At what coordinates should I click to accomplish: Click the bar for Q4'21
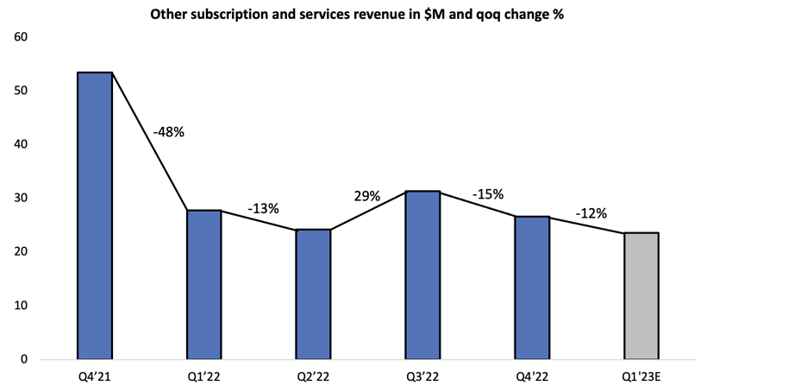point(95,216)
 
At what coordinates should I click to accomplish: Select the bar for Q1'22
point(204,285)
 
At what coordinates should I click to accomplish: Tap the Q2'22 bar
point(313,294)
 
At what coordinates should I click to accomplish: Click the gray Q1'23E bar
point(641,295)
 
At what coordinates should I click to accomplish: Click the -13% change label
point(263,208)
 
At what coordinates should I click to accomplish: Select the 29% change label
point(366,196)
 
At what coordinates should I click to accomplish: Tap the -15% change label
point(487,194)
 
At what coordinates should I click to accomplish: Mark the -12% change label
point(591,212)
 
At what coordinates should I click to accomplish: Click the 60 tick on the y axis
point(21,37)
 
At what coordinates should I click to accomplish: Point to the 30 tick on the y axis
point(21,199)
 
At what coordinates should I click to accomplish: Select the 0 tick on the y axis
point(24,359)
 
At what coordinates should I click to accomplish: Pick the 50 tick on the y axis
point(21,91)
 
